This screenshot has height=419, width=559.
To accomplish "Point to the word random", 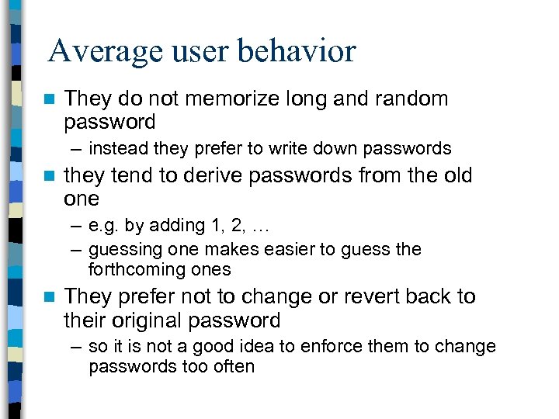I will (x=408, y=99).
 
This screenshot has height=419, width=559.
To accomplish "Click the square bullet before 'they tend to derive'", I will (x=50, y=177).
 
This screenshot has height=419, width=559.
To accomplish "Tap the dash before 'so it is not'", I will (x=75, y=347).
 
